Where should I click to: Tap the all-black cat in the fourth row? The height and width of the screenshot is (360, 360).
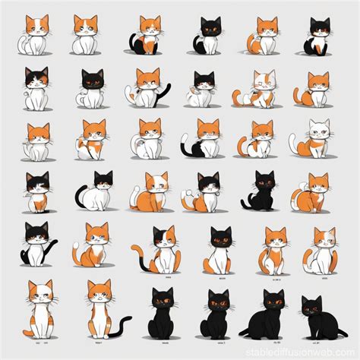click(x=263, y=191)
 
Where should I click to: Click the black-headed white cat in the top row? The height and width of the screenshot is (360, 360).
click(x=210, y=36)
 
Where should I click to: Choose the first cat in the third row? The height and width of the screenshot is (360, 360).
click(x=36, y=141)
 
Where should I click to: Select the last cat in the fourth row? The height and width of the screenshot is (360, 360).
click(x=317, y=193)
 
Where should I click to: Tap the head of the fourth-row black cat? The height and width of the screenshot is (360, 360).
click(x=265, y=182)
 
